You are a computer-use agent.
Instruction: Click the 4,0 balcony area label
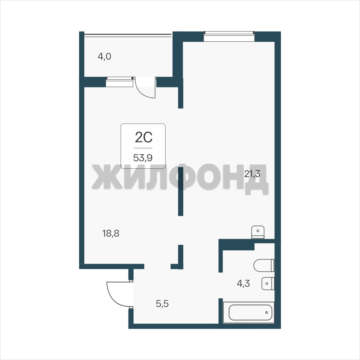point(104,56)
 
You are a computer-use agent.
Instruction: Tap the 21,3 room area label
point(252,174)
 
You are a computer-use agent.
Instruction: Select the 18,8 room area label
point(111,233)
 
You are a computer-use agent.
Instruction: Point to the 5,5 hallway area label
point(162,304)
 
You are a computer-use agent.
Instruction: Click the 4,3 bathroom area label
point(243,284)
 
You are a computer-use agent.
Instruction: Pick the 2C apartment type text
point(144,138)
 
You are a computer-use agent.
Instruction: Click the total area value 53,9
point(143,158)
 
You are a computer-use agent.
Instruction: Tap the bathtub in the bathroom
point(250,312)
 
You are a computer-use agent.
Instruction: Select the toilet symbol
point(264,265)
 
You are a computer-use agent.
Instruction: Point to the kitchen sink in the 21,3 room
point(258,232)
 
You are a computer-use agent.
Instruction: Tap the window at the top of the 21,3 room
point(229,36)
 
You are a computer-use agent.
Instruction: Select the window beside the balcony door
point(119,82)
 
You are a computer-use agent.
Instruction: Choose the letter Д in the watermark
point(256,179)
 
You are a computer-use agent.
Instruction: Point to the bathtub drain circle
point(267,312)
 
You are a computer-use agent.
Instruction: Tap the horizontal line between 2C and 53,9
point(143,148)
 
